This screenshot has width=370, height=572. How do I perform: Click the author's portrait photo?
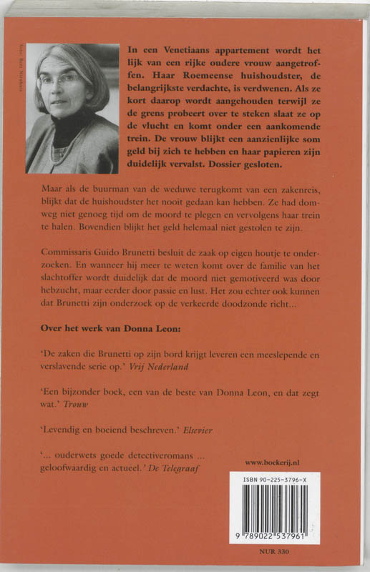[x=72, y=108]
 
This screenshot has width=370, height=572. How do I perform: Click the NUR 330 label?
[x=278, y=553]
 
